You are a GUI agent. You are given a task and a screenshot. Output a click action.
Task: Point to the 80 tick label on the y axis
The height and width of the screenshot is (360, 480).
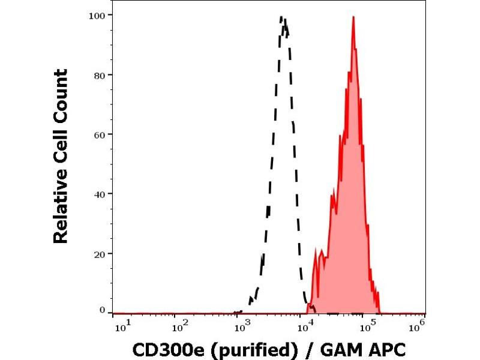coord(100,75)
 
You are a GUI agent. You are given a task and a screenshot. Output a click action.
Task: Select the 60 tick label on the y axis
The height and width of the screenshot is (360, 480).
coord(100,134)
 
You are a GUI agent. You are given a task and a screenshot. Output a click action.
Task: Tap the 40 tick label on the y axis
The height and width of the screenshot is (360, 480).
coord(100,194)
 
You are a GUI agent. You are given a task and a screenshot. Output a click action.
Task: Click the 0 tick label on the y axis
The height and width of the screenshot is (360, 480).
coord(103,310)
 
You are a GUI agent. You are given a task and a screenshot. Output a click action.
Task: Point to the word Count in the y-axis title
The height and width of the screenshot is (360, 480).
coord(61,96)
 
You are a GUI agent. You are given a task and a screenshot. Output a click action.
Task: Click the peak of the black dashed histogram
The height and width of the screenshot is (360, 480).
coord(283,18)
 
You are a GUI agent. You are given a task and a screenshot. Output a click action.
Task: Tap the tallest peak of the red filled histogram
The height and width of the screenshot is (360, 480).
coord(353,17)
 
